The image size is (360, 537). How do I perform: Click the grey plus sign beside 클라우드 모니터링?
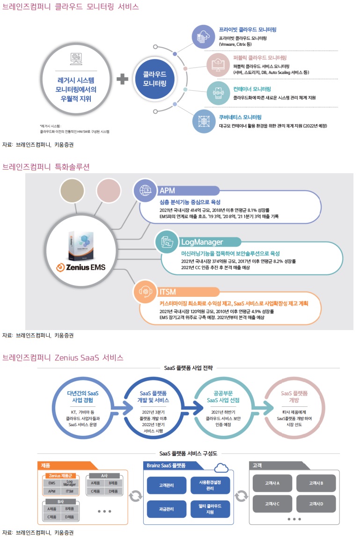point(122,79)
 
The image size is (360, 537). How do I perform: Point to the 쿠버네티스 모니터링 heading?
point(240,117)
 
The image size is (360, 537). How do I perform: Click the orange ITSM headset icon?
point(146,292)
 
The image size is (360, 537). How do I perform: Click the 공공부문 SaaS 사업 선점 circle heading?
point(222,397)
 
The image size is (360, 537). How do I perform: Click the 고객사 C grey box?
point(272,504)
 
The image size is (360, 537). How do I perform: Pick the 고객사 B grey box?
point(316,483)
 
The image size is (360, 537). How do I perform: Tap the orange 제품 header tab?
point(66,465)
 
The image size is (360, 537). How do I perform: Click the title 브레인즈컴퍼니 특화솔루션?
point(46,167)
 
